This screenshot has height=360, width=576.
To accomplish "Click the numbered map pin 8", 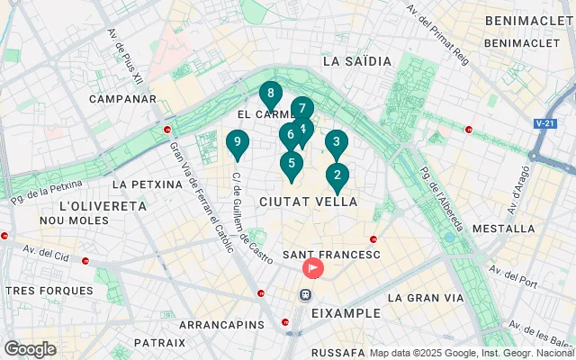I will point(270,94).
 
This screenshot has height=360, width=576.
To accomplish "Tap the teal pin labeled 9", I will point(237,142).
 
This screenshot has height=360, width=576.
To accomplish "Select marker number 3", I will point(336,142).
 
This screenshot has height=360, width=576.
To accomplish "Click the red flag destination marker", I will point(313,267).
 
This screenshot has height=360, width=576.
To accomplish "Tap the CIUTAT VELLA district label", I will point(308,202).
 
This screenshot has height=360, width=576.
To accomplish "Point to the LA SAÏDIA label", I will point(356,61).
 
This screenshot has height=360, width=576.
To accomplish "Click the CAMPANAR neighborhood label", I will point(117,97).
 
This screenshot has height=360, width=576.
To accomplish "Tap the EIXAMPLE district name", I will point(346,313).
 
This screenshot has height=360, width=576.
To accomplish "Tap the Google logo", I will point(30,349).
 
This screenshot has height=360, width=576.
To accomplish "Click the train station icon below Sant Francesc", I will point(307,294).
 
